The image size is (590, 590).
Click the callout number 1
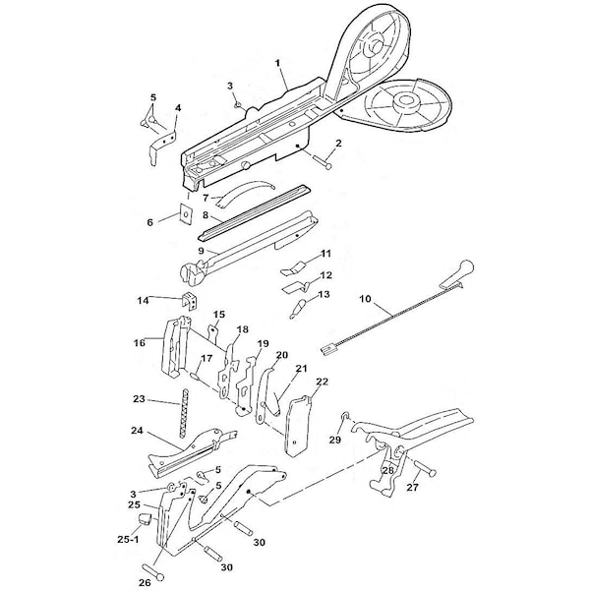[x=280, y=61]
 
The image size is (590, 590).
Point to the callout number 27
[x=413, y=487]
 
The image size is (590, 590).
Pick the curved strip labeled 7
[x=242, y=189]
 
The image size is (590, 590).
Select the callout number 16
[x=139, y=342]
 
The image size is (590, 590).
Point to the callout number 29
[x=335, y=442]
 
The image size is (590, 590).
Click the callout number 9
[x=200, y=252]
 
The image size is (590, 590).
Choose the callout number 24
[x=137, y=431]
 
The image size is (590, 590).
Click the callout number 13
[x=324, y=294]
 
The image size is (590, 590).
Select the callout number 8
[x=205, y=213]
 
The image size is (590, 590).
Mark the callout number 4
[x=177, y=107]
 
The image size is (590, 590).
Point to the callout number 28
[x=387, y=471]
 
